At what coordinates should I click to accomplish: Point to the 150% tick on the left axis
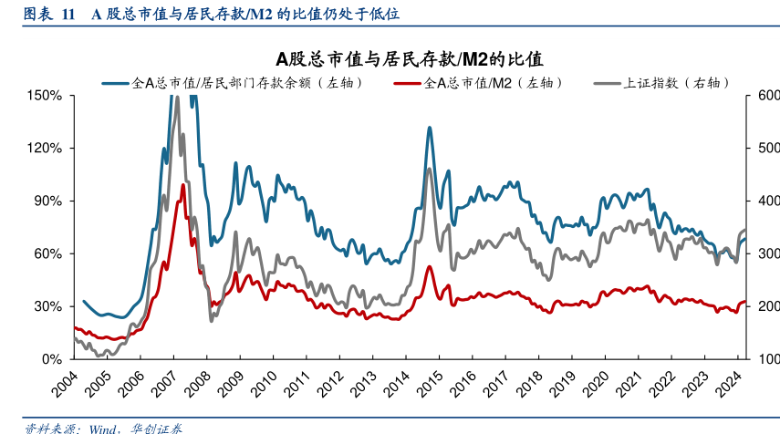(x=45, y=95)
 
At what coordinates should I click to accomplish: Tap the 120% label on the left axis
(x=45, y=148)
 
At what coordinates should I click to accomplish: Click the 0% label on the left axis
(x=51, y=359)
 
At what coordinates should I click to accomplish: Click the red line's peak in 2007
(x=183, y=185)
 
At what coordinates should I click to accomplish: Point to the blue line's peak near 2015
(x=429, y=128)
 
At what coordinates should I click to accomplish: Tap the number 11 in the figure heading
(x=68, y=15)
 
